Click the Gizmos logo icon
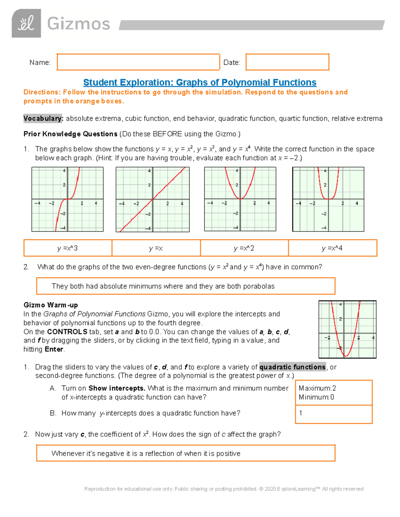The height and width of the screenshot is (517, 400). [x=26, y=24]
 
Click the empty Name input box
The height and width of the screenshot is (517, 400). [x=138, y=62]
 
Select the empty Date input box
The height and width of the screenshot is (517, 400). [x=287, y=62]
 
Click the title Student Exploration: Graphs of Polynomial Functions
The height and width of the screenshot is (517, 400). [x=200, y=83]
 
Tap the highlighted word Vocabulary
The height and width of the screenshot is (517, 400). [x=43, y=119]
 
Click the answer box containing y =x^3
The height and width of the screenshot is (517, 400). [x=68, y=248]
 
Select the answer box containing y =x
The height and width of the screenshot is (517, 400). [x=156, y=248]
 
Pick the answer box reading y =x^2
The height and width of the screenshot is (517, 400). [x=244, y=248]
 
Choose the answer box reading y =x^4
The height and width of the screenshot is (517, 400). [x=332, y=248]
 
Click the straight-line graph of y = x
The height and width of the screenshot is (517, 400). [x=152, y=199]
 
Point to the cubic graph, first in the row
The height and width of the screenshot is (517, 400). [x=67, y=199]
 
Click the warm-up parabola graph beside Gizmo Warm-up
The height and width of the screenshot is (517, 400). [x=347, y=329]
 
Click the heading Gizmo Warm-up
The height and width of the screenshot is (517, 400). [x=51, y=305]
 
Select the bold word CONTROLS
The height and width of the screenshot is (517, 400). [x=67, y=332]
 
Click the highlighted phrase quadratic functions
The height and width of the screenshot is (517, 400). [x=292, y=367]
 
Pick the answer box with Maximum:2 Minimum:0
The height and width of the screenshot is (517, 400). [x=333, y=393]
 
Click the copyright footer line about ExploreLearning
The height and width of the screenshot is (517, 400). [x=224, y=489]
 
